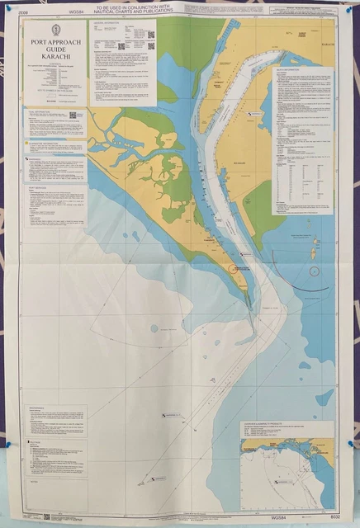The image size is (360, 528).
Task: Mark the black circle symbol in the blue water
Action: point(313,271)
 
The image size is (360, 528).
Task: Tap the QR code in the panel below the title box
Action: point(72,115)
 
